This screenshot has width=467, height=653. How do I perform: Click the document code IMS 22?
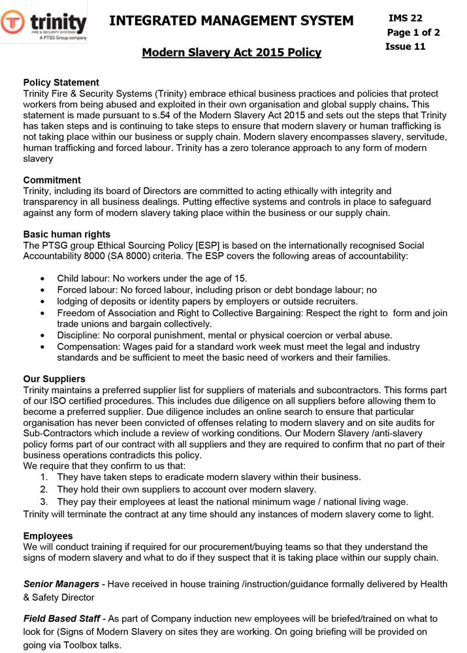pyautogui.click(x=405, y=18)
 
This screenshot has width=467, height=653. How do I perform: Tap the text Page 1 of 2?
pyautogui.click(x=413, y=33)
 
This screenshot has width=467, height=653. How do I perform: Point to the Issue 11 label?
pyautogui.click(x=405, y=46)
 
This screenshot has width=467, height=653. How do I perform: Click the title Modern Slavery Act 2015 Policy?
pyautogui.click(x=231, y=52)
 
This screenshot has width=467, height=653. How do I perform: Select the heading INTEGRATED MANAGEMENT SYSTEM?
pyautogui.click(x=231, y=21)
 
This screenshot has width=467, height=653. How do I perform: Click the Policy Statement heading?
pyautogui.click(x=61, y=82)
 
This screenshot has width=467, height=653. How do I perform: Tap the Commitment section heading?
pyautogui.click(x=52, y=180)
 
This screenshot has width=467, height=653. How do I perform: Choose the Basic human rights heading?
pyautogui.click(x=67, y=234)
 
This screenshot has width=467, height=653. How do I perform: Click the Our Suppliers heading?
pyautogui.click(x=54, y=379)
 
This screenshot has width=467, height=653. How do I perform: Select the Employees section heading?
pyautogui.click(x=48, y=536)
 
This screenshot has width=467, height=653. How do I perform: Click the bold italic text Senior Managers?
pyautogui.click(x=61, y=583)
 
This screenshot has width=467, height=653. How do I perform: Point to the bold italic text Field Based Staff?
pyautogui.click(x=63, y=618)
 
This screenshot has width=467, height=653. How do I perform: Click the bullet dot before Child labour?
pyautogui.click(x=43, y=279)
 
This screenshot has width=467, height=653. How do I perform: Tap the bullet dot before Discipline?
pyautogui.click(x=43, y=335)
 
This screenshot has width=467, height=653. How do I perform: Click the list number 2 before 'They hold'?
pyautogui.click(x=43, y=489)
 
